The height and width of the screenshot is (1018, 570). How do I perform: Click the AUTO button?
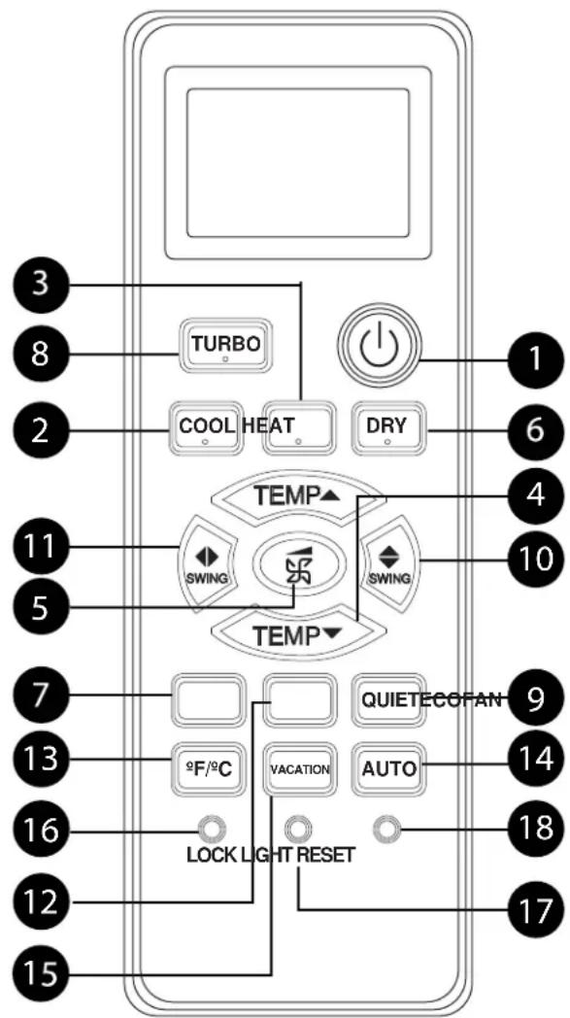pyautogui.click(x=390, y=769)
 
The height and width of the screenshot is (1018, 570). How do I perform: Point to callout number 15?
pyautogui.click(x=39, y=973)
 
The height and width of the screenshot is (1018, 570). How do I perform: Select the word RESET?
pyautogui.click(x=326, y=855)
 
